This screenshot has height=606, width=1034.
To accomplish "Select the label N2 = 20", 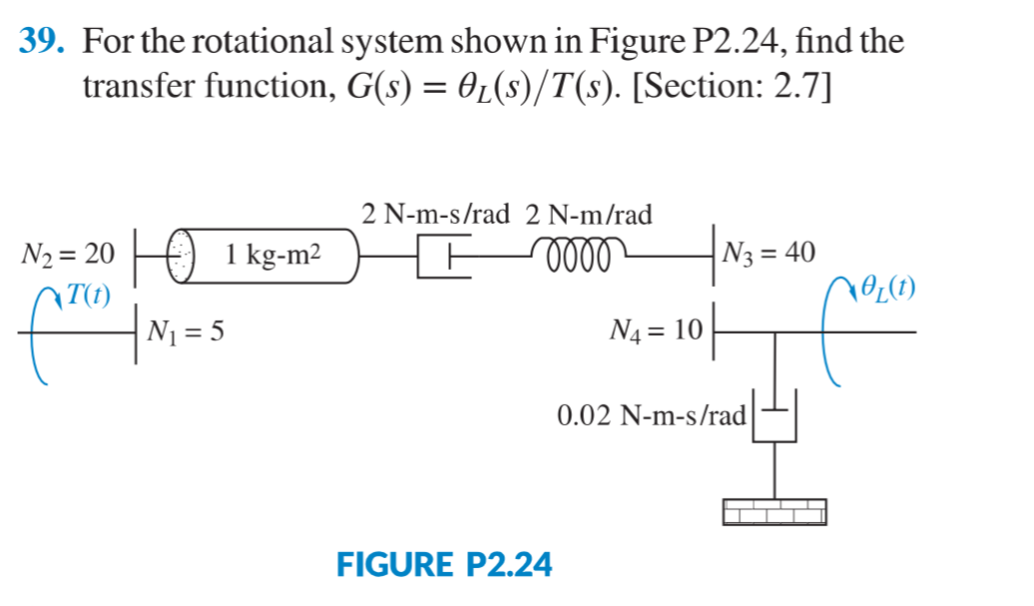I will pyautogui.click(x=68, y=254).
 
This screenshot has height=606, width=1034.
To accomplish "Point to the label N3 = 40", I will pyautogui.click(x=771, y=254).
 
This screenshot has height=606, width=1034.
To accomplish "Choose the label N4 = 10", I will pyautogui.click(x=657, y=328).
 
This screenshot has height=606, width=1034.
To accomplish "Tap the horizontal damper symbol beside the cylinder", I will pyautogui.click(x=442, y=257).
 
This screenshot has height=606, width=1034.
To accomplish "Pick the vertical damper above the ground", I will pyautogui.click(x=775, y=417).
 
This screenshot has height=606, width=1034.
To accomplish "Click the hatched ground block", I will pyautogui.click(x=775, y=511).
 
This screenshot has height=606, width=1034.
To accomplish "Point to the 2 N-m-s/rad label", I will pyautogui.click(x=435, y=214).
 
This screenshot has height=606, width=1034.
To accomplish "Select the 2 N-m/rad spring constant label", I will pyautogui.click(x=589, y=214).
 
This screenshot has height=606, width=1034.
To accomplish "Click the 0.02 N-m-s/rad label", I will pyautogui.click(x=651, y=415).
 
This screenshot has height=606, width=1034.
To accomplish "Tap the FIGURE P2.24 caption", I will pyautogui.click(x=444, y=565).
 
